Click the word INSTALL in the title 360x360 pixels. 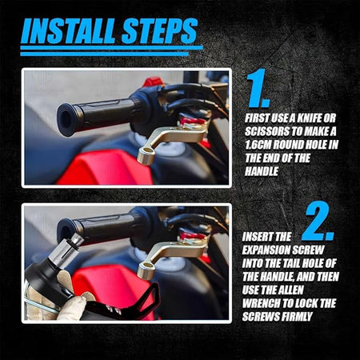point(69,31)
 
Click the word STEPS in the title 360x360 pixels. point(159,31)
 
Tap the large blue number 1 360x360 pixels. point(258,88)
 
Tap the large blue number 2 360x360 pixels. point(318,222)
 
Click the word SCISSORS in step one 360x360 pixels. point(269,131)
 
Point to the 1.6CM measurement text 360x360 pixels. point(258,145)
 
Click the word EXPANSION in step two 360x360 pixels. point(266,250)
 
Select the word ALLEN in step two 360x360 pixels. point(290,290)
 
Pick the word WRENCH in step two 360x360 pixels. point(261,303)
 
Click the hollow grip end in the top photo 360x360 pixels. point(66,119)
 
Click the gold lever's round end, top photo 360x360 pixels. point(146,157)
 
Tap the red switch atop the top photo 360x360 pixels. point(153,82)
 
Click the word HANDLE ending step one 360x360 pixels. point(262,171)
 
